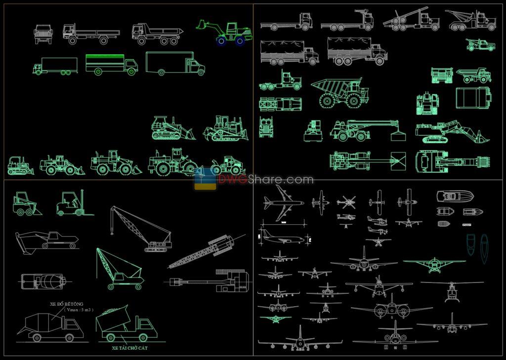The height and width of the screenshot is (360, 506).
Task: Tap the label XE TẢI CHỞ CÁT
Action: (x=129, y=348)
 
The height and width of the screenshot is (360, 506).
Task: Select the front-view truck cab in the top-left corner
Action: (x=43, y=34)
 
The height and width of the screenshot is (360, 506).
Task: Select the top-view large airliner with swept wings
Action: (x=283, y=203)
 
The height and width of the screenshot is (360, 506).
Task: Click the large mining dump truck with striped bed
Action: (x=341, y=92)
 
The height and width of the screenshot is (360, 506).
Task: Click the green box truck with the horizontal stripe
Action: (x=111, y=64)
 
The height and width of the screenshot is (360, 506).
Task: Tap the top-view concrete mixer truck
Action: (x=43, y=281)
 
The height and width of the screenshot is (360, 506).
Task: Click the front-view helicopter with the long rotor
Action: (x=452, y=291)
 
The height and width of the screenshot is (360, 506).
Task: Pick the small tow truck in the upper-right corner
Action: (x=481, y=45)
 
